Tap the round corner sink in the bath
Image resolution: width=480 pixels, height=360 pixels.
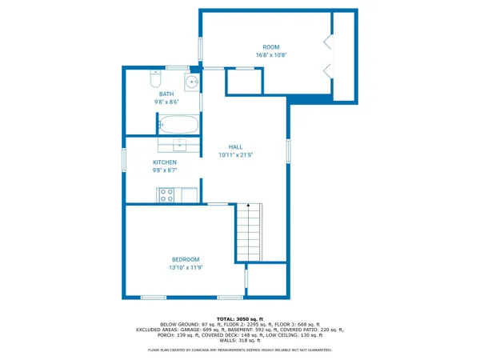pyautogui.click(x=192, y=81)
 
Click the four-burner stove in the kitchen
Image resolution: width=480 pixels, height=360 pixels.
pyautogui.click(x=167, y=194)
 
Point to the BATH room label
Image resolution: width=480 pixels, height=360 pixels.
pyautogui.click(x=166, y=94)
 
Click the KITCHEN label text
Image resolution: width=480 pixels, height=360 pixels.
pyautogui.click(x=165, y=162)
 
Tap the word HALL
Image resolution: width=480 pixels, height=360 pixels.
pyautogui.click(x=236, y=147)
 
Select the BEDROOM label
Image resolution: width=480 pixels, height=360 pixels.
pyautogui.click(x=186, y=259)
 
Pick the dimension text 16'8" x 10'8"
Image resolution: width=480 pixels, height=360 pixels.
pyautogui.click(x=272, y=55)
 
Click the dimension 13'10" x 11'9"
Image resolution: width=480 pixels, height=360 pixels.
pyautogui.click(x=186, y=268)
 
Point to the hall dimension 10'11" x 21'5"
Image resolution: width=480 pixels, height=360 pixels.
pyautogui.click(x=236, y=155)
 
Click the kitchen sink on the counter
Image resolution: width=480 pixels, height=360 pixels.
pyautogui.click(x=180, y=144)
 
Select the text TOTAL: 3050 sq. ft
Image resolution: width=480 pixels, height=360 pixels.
pyautogui.click(x=240, y=318)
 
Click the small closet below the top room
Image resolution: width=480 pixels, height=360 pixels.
pyautogui.click(x=244, y=82)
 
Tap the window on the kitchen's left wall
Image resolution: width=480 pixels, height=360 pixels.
pyautogui.click(x=124, y=158)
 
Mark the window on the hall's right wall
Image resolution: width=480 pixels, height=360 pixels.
pyautogui.click(x=289, y=151)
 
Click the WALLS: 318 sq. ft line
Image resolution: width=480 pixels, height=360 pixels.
pyautogui.click(x=240, y=340)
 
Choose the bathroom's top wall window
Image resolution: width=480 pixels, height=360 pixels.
pyautogui.click(x=177, y=67)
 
